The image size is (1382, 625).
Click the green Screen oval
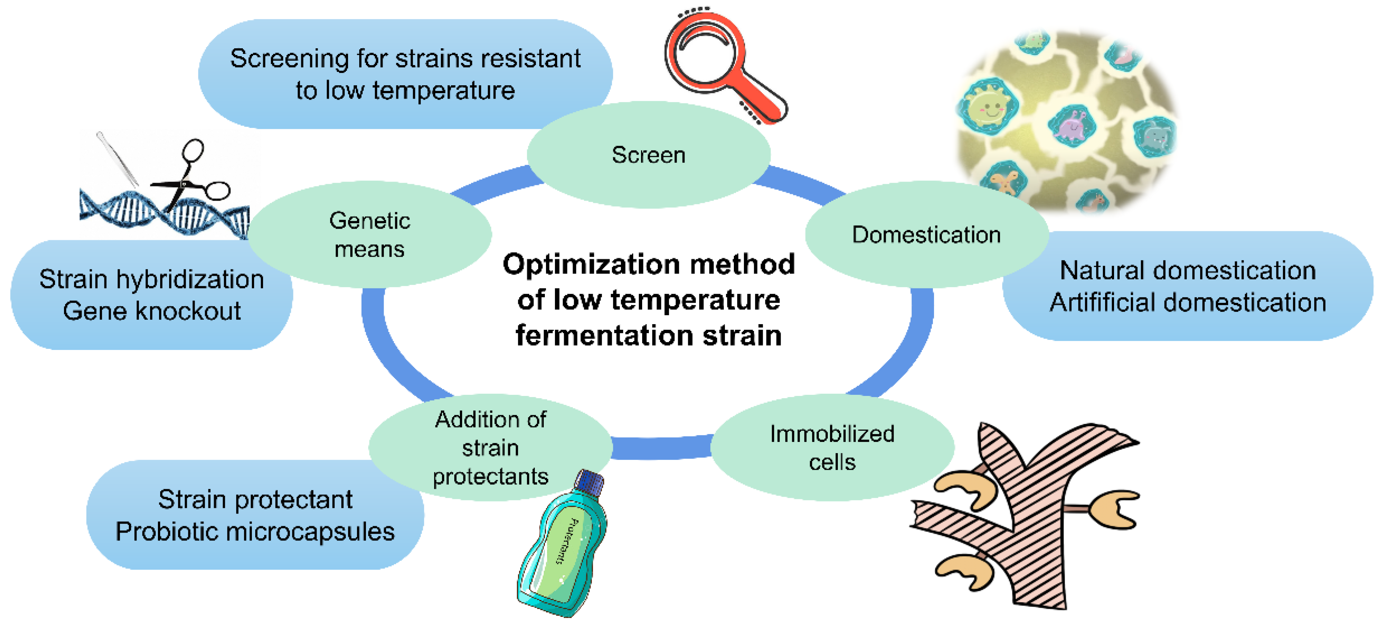[648, 155]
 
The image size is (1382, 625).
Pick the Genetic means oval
[370, 234]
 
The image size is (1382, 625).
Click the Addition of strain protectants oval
[490, 448]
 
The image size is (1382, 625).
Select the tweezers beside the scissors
[117, 158]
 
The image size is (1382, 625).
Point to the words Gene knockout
[152, 311]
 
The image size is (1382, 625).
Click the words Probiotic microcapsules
[255, 532]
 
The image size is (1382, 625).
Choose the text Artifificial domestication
[1188, 302]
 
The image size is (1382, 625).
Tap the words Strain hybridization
[152, 280]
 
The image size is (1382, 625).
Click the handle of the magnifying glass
[762, 99]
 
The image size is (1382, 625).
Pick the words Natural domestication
[1188, 270]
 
